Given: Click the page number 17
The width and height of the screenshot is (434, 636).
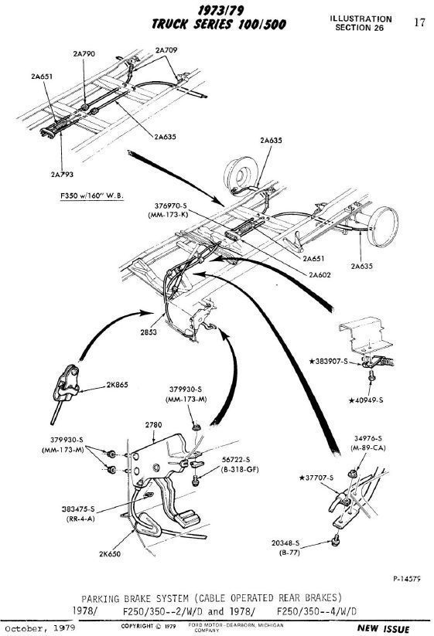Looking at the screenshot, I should [419, 22].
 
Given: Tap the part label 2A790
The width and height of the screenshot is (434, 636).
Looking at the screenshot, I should [84, 54].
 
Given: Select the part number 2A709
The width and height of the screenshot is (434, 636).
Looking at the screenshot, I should [167, 50].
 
